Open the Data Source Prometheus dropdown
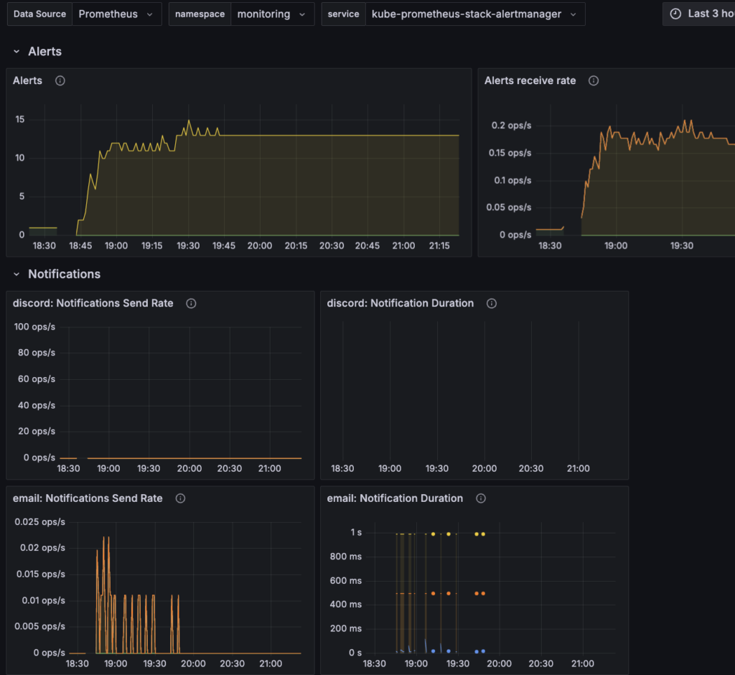point(116,14)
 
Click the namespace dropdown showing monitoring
point(272,14)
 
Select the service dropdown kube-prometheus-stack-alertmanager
point(474,14)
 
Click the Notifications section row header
point(64,274)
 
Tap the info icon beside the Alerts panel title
point(60,81)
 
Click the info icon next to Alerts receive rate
point(594,81)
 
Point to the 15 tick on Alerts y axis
point(20,119)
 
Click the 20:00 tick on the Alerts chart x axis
point(259,246)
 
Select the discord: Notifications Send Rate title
point(93,304)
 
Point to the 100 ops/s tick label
point(34,327)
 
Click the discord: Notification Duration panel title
point(400,304)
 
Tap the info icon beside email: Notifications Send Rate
point(180,498)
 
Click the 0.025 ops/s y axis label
point(40,521)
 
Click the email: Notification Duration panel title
point(395,498)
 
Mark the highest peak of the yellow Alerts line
point(189,121)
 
